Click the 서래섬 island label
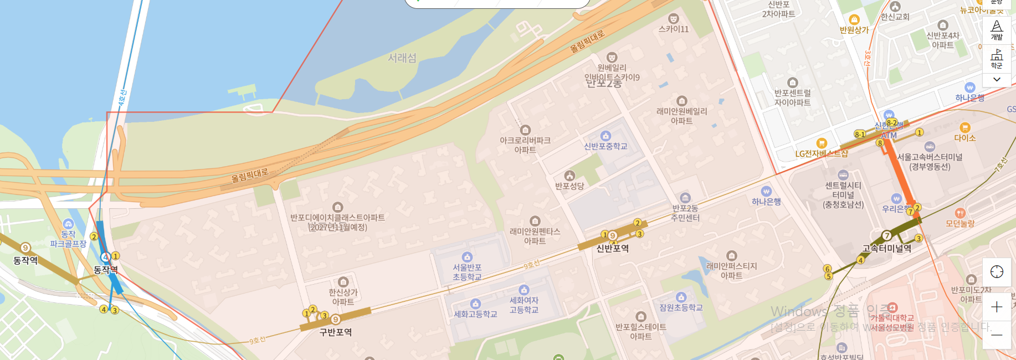(402, 58)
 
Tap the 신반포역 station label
(612, 248)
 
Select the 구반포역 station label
(335, 332)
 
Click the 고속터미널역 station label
(886, 249)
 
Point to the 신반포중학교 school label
(606, 146)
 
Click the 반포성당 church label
(569, 186)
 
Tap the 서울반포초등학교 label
(467, 272)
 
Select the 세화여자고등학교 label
(524, 305)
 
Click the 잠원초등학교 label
(681, 307)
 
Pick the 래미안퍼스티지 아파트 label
(731, 270)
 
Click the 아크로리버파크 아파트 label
(525, 145)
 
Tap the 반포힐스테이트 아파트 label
(640, 331)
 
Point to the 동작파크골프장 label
(68, 239)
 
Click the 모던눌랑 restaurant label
(960, 223)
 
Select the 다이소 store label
(964, 137)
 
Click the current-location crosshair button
(997, 272)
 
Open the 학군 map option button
(997, 59)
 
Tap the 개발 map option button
(997, 30)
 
